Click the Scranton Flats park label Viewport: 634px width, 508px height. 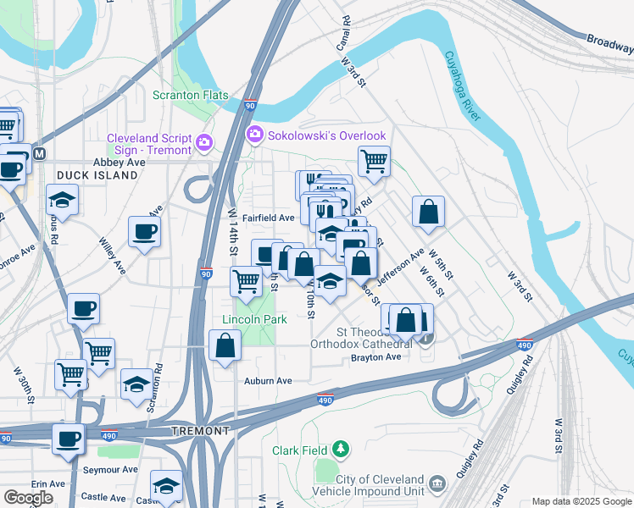[x=190, y=95]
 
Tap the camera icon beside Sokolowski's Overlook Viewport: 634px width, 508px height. [x=253, y=135]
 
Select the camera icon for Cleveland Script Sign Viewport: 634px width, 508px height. [x=203, y=141]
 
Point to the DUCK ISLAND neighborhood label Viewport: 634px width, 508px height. [x=97, y=175]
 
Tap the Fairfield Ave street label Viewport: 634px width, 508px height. [x=268, y=218]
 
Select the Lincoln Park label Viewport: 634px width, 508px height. [x=254, y=319]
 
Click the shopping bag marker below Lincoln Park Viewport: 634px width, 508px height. [x=225, y=346]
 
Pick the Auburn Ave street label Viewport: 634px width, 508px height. [x=268, y=381]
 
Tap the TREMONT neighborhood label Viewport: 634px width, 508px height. [x=200, y=431]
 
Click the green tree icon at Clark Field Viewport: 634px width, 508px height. [x=340, y=447]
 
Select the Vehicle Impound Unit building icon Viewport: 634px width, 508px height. [x=437, y=483]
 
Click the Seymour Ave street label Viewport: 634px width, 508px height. [x=110, y=469]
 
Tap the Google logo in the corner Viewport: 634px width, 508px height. [x=29, y=497]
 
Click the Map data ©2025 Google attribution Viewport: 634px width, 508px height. [x=581, y=501]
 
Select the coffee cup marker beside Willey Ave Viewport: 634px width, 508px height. [x=144, y=231]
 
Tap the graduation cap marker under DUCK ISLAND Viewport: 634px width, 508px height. [x=62, y=202]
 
